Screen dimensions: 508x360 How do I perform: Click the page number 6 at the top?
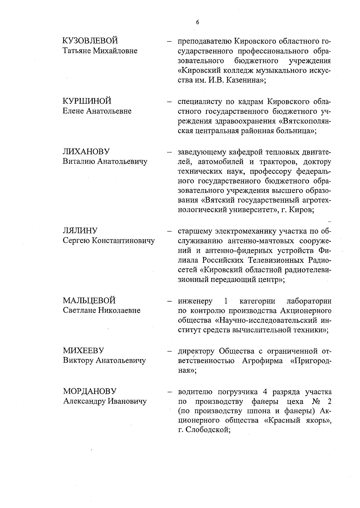click(197, 23)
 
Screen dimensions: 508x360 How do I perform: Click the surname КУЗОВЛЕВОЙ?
click(90, 41)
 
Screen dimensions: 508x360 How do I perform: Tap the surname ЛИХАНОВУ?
click(86, 152)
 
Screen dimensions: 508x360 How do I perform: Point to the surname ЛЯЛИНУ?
click(80, 231)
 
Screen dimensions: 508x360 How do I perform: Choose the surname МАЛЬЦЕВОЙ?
click(89, 301)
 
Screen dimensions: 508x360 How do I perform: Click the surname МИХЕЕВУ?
click(83, 350)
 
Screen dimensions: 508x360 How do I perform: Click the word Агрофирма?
click(262, 361)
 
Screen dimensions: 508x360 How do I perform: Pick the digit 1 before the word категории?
click(226, 301)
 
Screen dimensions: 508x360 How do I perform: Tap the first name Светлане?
click(79, 310)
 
